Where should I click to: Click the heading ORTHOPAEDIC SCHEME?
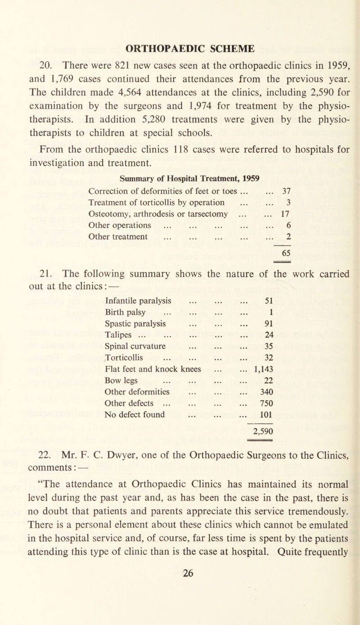180,47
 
